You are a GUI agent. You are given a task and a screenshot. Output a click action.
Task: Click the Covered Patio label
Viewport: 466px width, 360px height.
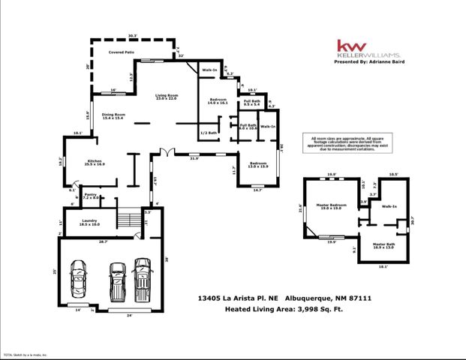click(x=121, y=53)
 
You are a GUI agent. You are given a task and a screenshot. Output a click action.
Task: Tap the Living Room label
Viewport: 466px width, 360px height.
click(x=166, y=97)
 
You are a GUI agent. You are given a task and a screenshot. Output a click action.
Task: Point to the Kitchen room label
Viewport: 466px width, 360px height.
click(x=95, y=163)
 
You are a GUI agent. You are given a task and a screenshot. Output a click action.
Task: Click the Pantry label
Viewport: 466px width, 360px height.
click(x=91, y=196)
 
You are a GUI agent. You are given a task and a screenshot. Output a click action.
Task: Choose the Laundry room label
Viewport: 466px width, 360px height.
click(x=90, y=222)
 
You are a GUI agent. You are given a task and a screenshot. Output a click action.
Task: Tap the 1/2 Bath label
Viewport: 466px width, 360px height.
click(x=208, y=133)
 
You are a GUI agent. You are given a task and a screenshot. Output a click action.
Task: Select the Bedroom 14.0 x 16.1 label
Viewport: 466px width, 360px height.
click(x=217, y=101)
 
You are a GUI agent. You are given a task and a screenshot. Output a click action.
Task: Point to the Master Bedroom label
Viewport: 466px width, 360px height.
click(x=330, y=206)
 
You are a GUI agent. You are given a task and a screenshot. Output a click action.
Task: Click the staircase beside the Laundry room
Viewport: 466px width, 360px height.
click(x=128, y=220)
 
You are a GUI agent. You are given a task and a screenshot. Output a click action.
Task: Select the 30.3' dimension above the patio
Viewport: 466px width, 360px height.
click(x=134, y=36)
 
